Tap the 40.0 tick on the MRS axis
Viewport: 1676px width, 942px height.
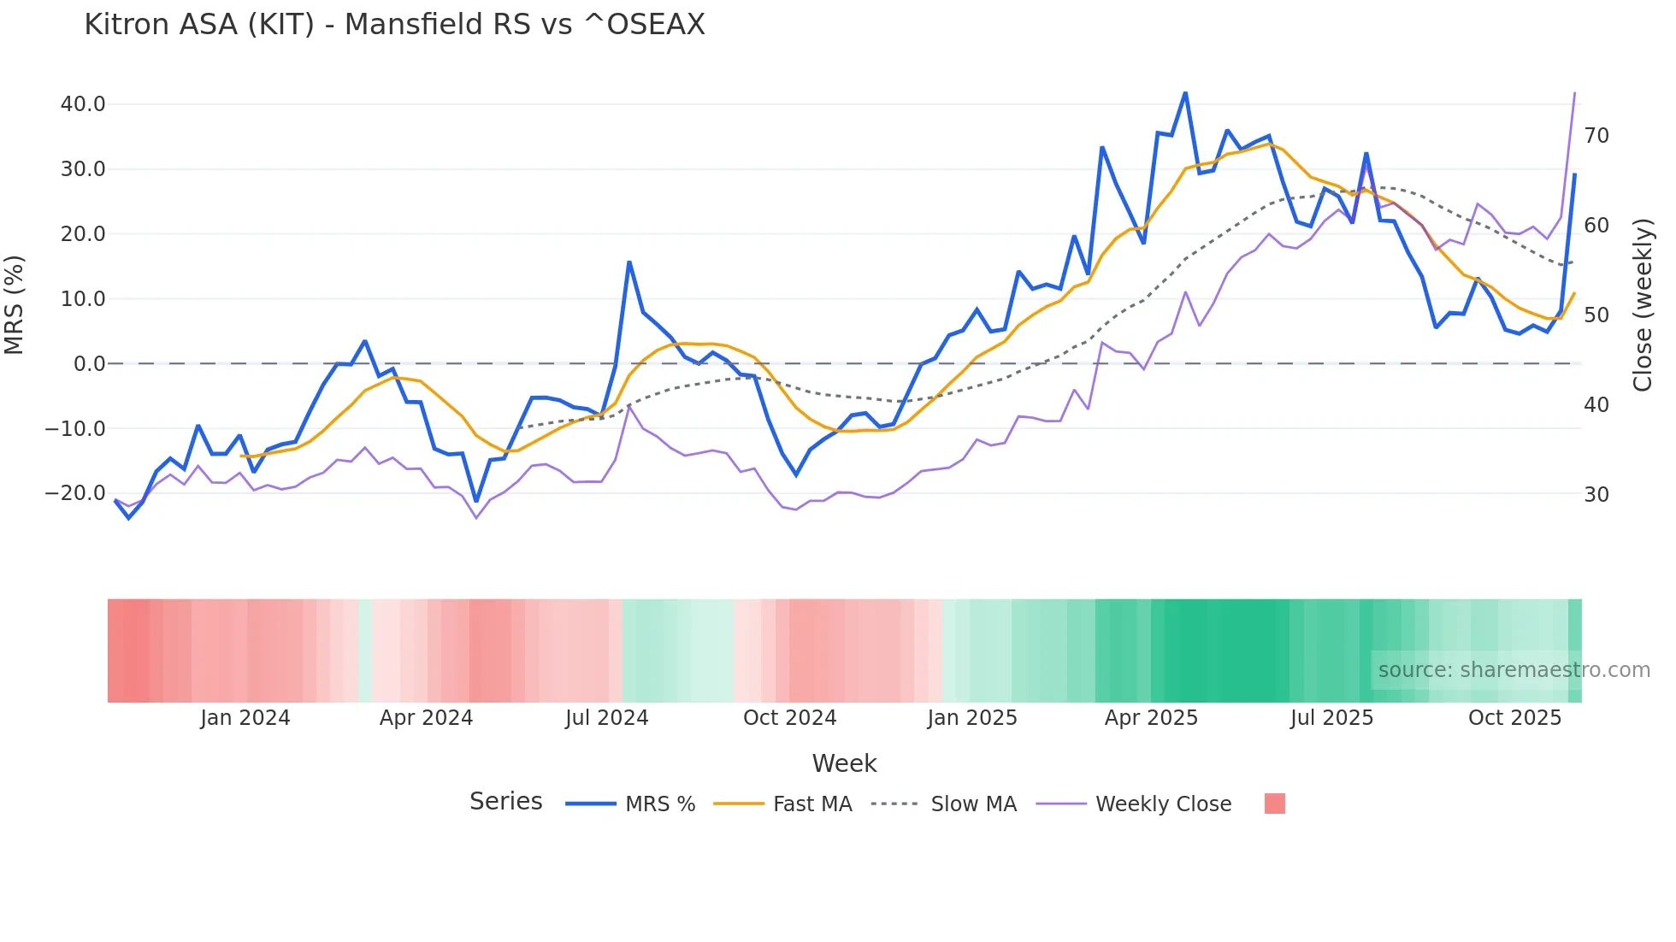[83, 104]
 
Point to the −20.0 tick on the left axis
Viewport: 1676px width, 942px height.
[76, 493]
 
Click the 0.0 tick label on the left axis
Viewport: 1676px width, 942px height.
[90, 364]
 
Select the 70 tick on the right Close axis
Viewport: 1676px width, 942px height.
[1596, 136]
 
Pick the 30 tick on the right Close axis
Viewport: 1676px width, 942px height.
[1596, 495]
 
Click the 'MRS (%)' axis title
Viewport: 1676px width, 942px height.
[15, 304]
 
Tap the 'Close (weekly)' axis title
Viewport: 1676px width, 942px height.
[1642, 305]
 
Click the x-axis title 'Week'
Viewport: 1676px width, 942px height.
[844, 763]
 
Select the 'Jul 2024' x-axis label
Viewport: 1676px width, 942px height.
[606, 718]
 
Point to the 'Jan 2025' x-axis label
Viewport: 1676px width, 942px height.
[971, 718]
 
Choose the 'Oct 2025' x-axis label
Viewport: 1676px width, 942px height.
[1514, 718]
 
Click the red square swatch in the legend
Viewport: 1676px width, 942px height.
[1274, 804]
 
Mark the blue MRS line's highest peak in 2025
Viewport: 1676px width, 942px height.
[1185, 92]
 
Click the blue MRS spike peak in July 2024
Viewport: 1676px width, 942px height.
[629, 262]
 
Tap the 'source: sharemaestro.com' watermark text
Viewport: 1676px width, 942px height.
[1514, 670]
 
